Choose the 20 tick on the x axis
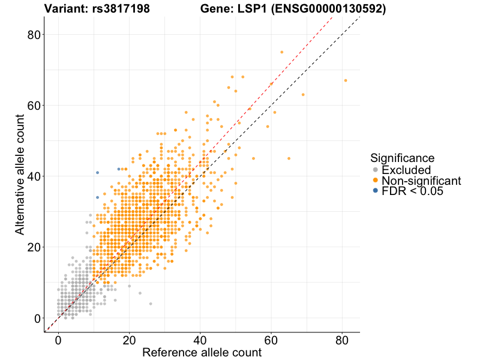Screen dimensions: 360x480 (129, 340)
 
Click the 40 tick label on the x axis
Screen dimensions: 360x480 (200, 340)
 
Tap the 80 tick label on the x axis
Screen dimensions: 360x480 (342, 340)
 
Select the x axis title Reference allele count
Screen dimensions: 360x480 (202, 352)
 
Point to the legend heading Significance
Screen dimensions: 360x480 (402, 158)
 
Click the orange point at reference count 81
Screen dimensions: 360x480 (346, 80)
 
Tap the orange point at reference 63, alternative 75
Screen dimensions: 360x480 (281, 52)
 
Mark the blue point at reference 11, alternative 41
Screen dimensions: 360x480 (97, 173)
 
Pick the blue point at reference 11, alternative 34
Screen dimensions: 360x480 (97, 197)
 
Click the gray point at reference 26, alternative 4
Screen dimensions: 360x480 (151, 304)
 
